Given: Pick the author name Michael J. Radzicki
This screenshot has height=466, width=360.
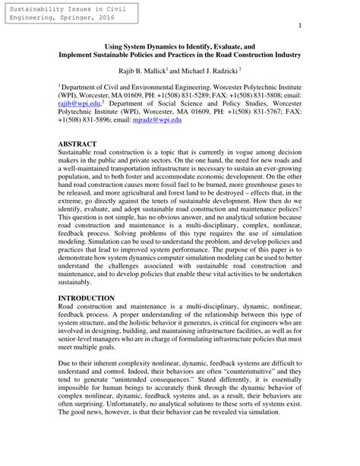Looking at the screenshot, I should pos(209,71).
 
